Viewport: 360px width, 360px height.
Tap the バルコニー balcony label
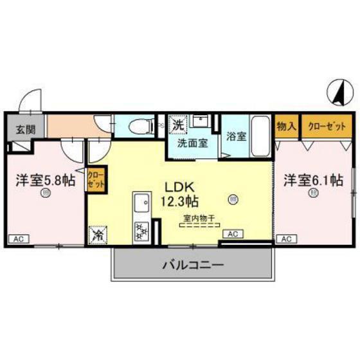(x=192, y=264)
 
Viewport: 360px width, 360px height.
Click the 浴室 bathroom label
(x=236, y=136)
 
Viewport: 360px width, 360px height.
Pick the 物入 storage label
(x=286, y=125)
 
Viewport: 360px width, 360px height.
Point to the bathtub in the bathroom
(x=260, y=132)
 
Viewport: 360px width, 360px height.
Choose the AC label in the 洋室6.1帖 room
(x=286, y=239)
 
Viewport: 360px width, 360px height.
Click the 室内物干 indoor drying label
(x=198, y=218)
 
